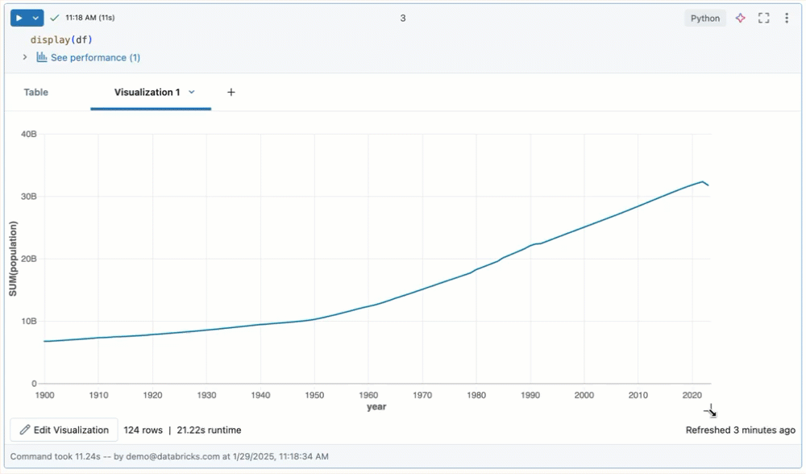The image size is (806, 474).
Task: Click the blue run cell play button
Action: (x=19, y=18)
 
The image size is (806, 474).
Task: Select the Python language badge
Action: (x=705, y=19)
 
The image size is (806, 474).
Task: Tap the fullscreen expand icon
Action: (x=764, y=18)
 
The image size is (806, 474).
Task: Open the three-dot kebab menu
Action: (x=787, y=18)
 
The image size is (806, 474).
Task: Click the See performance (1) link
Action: (x=95, y=58)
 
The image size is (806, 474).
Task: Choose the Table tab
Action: (x=36, y=93)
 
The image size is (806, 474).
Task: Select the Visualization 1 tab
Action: (x=147, y=93)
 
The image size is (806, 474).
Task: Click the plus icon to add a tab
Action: (x=231, y=93)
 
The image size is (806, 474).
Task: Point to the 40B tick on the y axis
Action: (x=28, y=135)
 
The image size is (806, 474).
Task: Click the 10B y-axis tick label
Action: (x=28, y=322)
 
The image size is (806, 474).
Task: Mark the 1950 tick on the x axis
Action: (x=314, y=396)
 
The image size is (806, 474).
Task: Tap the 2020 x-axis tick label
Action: (x=692, y=396)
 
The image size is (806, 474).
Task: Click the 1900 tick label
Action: (x=45, y=396)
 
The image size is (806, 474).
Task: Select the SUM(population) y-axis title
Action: (x=14, y=259)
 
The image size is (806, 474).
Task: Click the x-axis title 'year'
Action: (x=376, y=407)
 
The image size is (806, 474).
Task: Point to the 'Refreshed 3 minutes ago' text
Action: (x=740, y=430)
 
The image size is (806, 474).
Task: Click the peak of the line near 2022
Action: (x=702, y=181)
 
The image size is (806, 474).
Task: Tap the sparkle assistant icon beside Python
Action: (x=740, y=18)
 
